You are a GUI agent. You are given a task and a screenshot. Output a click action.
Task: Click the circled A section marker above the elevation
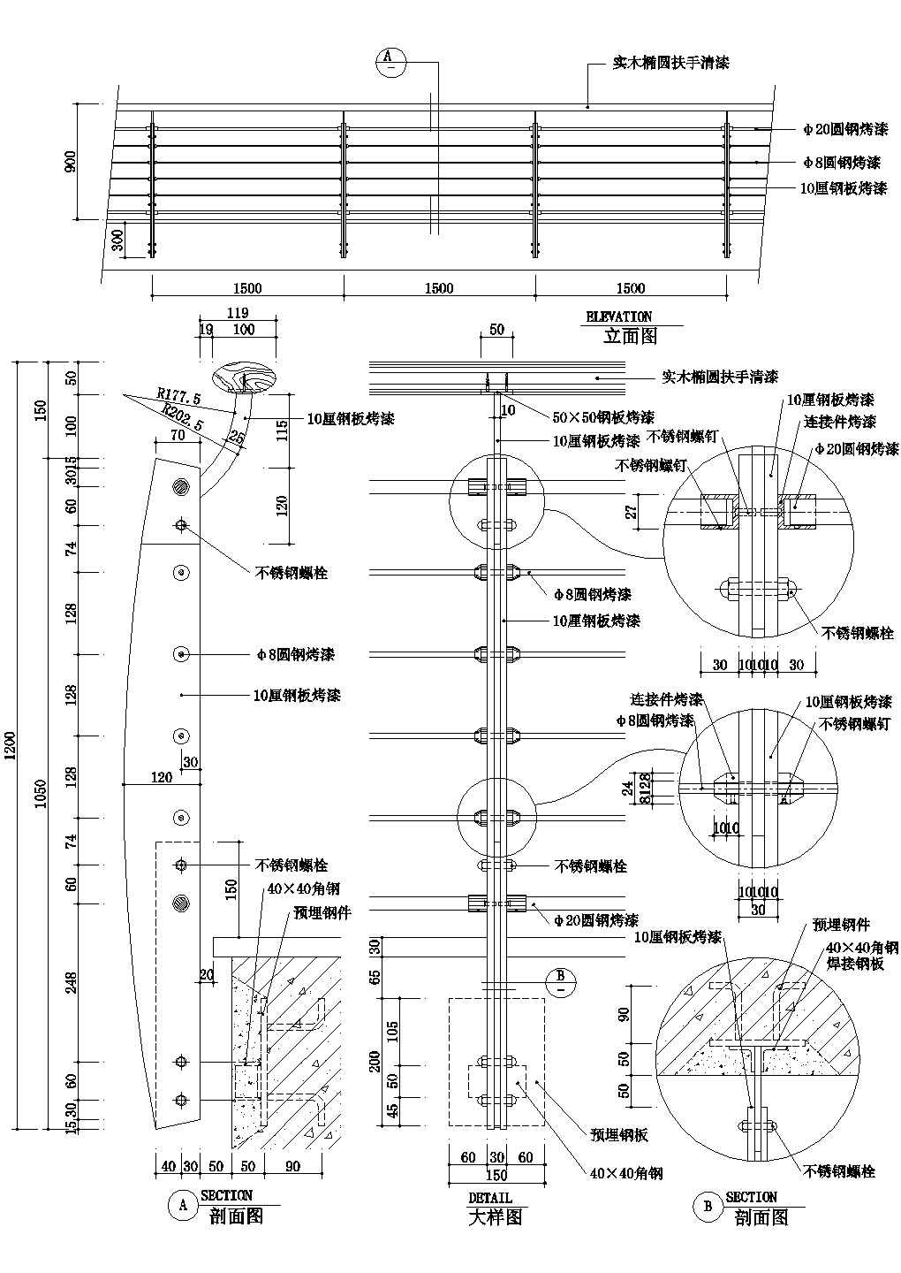[390, 62]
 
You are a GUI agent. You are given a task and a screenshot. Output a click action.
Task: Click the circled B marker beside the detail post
[560, 982]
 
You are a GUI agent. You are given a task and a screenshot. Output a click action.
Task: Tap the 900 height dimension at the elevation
[72, 161]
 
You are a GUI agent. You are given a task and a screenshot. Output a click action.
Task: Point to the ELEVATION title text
[619, 316]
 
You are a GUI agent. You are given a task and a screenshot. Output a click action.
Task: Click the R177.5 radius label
[178, 395]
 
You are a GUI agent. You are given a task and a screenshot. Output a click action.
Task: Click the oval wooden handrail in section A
[246, 377]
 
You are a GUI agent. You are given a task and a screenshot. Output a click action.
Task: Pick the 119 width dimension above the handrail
[238, 312]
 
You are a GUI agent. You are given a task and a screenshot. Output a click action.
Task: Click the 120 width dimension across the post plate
[161, 778]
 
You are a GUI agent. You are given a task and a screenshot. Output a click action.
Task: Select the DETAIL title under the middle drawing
[490, 1198]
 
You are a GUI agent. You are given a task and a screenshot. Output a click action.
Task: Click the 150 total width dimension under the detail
[496, 1175]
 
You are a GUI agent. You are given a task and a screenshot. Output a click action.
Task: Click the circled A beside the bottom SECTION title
[183, 1205]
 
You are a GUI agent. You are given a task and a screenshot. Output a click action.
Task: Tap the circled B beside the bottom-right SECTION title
[708, 1208]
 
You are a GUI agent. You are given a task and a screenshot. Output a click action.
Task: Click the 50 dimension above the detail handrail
[496, 330]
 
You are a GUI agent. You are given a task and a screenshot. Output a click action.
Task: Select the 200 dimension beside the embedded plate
[375, 1061]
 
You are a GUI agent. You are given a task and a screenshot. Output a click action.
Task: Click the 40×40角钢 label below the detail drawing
[625, 1173]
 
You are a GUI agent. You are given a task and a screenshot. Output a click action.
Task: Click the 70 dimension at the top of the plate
[178, 435]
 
